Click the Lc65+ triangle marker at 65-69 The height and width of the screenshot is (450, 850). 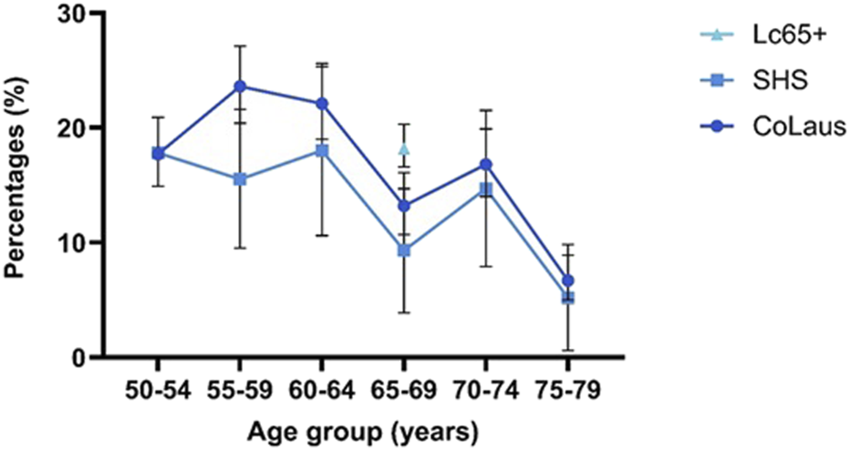[404, 148]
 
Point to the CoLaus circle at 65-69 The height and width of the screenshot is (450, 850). [404, 206]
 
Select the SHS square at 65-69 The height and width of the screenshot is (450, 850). [404, 250]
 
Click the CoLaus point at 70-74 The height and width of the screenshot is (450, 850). [486, 165]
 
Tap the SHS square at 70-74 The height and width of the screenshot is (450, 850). [486, 189]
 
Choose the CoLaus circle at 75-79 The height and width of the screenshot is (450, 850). [568, 281]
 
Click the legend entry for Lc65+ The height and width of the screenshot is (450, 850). [761, 36]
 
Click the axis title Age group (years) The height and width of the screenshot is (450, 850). [362, 427]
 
